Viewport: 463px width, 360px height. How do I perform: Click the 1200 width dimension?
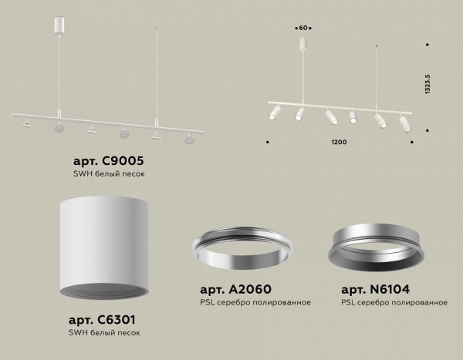coord(339,143)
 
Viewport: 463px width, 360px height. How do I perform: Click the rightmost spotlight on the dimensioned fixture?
coord(404,122)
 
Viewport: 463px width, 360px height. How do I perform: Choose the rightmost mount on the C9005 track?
coord(188,140)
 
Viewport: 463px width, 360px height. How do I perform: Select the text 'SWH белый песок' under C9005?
coord(108,173)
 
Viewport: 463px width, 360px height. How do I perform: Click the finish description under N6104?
coord(394,302)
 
